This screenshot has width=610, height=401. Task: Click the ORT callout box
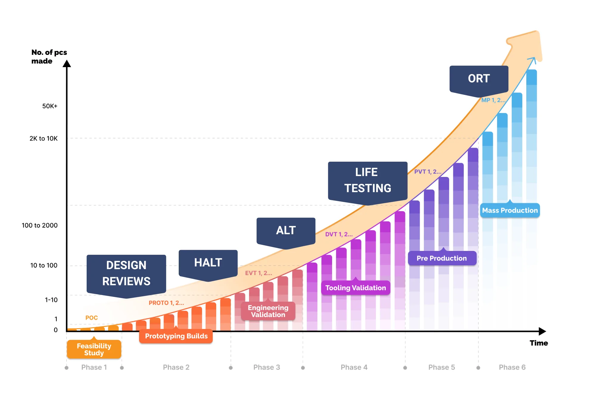[x=479, y=79]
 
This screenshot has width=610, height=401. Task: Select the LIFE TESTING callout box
[x=368, y=181]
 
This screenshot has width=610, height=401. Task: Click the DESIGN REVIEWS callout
[x=126, y=274]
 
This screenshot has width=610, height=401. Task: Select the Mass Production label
[x=510, y=211]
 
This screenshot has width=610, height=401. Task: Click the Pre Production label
[x=442, y=258]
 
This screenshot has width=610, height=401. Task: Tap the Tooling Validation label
[x=355, y=288]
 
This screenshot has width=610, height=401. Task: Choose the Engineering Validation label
[x=268, y=311]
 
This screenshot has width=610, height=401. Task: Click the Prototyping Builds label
[x=176, y=336]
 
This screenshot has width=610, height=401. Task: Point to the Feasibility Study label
[x=94, y=349]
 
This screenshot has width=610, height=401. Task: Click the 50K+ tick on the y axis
[x=50, y=106]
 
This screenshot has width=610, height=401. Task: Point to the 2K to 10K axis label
[x=43, y=138]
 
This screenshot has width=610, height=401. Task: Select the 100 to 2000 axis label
[x=40, y=226]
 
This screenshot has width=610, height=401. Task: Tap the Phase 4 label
[x=354, y=367]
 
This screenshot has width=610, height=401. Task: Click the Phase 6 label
[x=512, y=367]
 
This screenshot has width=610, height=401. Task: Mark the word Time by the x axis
[x=539, y=343]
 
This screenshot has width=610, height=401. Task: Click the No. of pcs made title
[x=49, y=57]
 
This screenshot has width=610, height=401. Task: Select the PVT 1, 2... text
[x=428, y=172]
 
